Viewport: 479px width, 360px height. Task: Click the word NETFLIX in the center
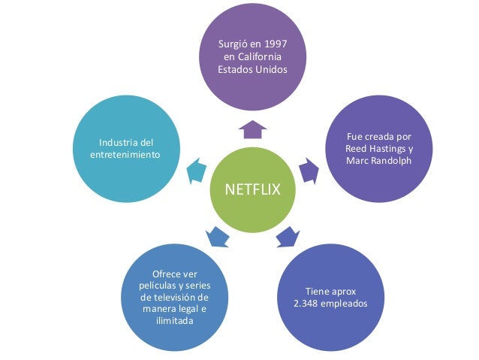tap(253, 190)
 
